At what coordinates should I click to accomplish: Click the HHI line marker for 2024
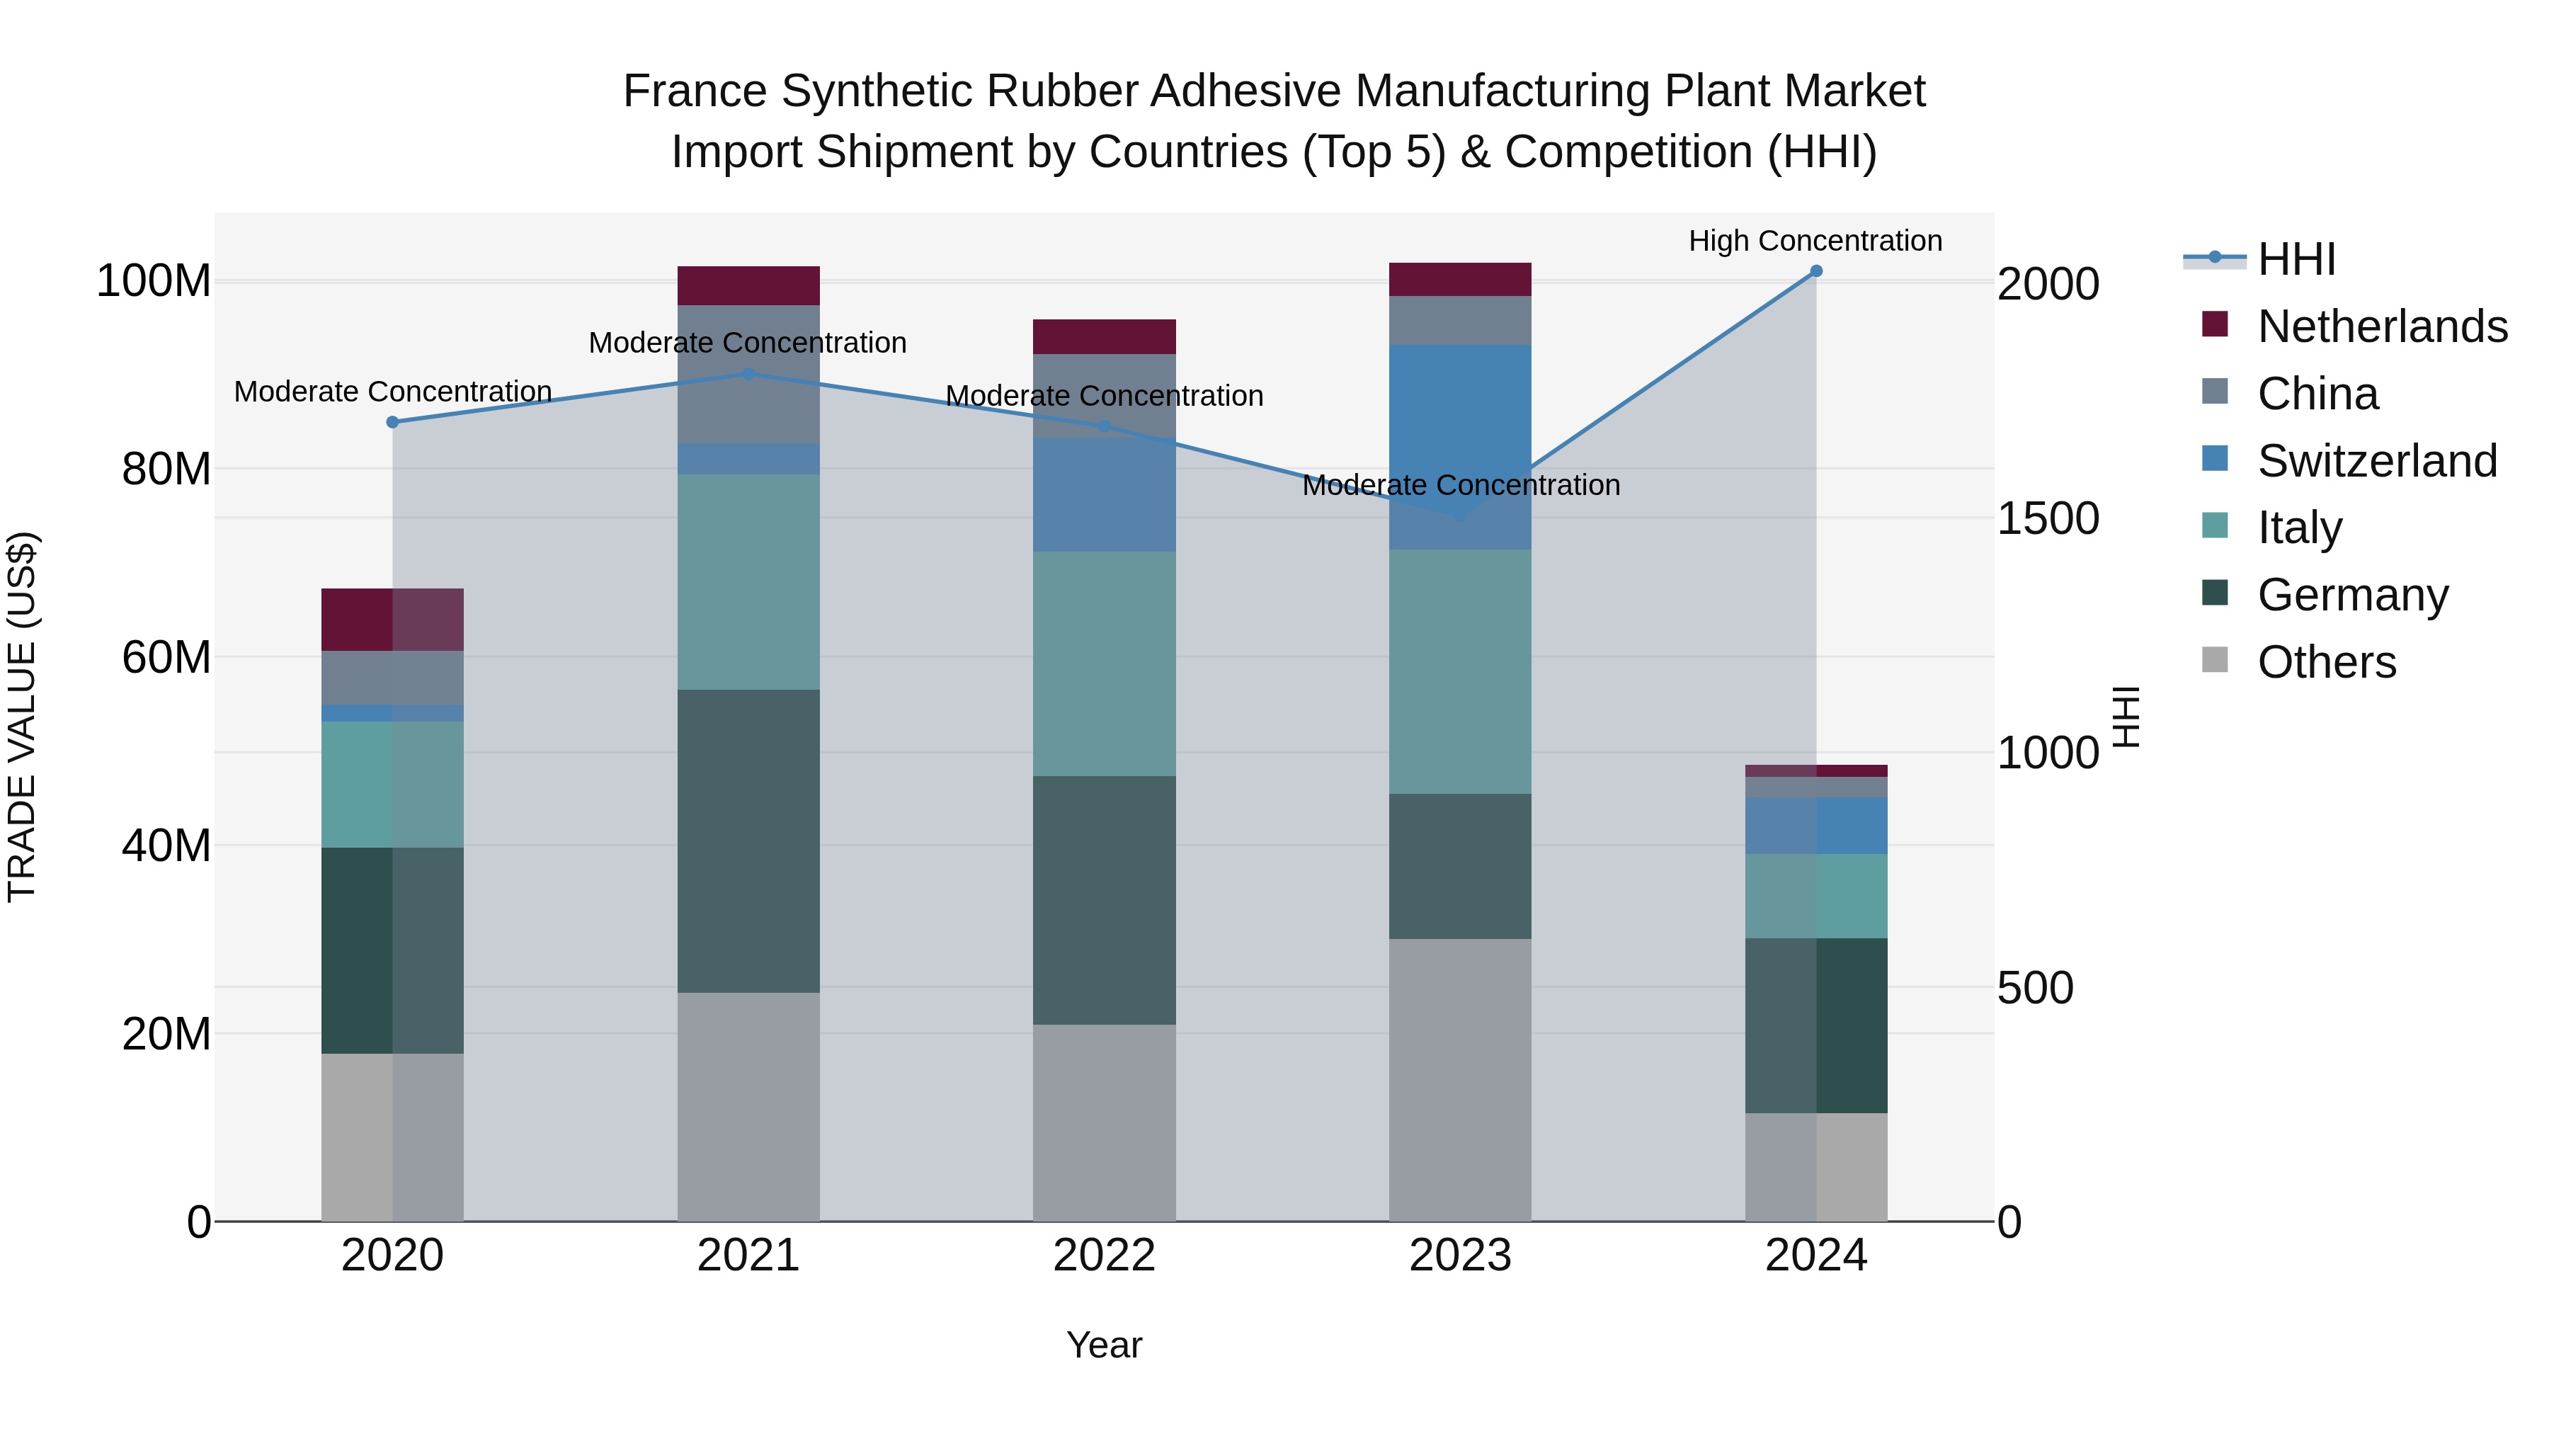coord(1815,271)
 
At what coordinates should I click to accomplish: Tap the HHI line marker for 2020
coord(393,423)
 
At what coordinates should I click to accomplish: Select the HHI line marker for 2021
coord(748,374)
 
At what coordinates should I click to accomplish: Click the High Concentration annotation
coord(1815,241)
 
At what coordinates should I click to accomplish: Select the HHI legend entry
coord(2296,259)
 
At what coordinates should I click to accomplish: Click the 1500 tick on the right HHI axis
coord(2047,518)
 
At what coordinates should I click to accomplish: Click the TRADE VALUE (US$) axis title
coord(22,717)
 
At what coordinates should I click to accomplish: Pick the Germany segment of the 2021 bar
coord(748,841)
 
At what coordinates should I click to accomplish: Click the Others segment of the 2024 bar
coord(1815,1168)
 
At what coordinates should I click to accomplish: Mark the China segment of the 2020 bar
coord(393,678)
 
